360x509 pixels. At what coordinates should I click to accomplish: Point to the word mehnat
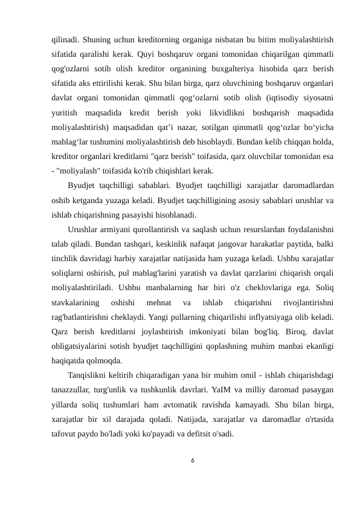(x=159, y=300)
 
